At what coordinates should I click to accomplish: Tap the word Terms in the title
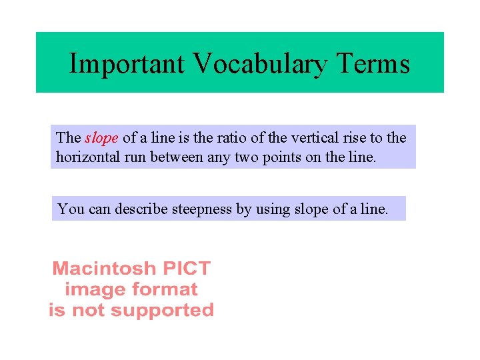coord(373,64)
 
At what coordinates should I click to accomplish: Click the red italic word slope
coord(102,138)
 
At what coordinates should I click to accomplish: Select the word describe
coord(141,209)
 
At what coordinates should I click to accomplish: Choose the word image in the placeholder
coord(89,290)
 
